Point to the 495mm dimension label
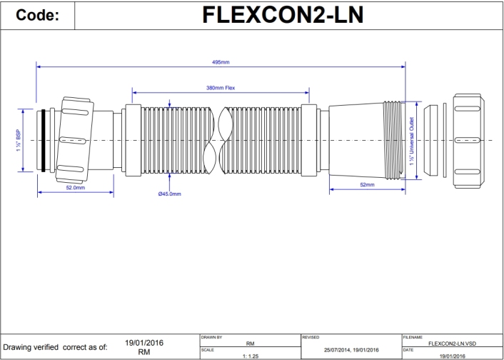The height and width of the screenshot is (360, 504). coord(221,63)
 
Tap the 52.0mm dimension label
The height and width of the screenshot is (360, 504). coord(75,188)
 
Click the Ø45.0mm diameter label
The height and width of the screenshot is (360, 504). coord(169,194)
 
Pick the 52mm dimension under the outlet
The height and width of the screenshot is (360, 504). coord(368,184)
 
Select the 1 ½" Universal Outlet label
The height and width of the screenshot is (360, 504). coord(412,140)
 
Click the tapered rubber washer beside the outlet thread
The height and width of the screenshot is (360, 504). coord(432,139)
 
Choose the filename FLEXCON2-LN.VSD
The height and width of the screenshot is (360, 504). coord(447,342)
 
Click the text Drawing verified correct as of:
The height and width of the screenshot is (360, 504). coord(56,348)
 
